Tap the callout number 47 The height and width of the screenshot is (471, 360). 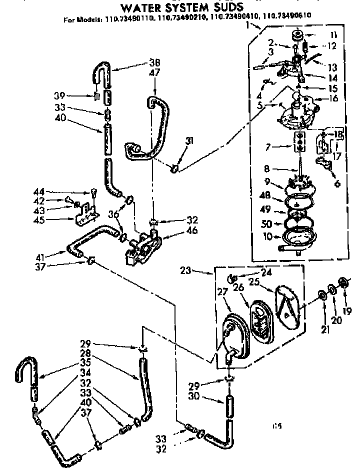pyautogui.click(x=154, y=73)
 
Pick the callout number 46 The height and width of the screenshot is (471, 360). pyautogui.click(x=178, y=231)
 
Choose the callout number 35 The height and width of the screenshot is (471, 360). pyautogui.click(x=86, y=370)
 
